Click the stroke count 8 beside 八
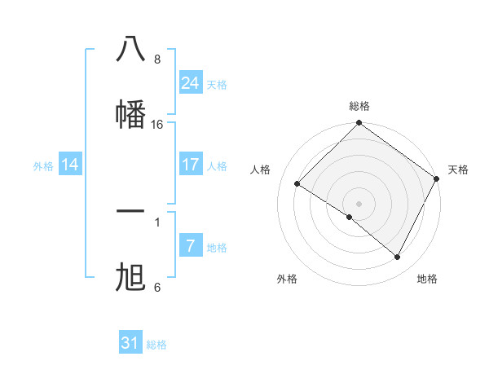[x=157, y=59]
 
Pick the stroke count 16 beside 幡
[x=157, y=125]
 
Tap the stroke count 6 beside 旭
[x=157, y=288]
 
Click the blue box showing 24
[x=191, y=83]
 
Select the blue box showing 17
[x=191, y=165]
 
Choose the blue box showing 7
[x=191, y=246]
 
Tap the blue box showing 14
[x=70, y=165]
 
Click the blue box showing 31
[x=130, y=343]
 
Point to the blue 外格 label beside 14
[x=43, y=166]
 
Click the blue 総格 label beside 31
[x=156, y=345]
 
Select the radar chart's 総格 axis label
[x=359, y=107]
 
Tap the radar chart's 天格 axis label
[x=458, y=169]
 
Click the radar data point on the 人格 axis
[x=297, y=184]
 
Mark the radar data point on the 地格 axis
[x=398, y=258]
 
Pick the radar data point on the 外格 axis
[x=350, y=217]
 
